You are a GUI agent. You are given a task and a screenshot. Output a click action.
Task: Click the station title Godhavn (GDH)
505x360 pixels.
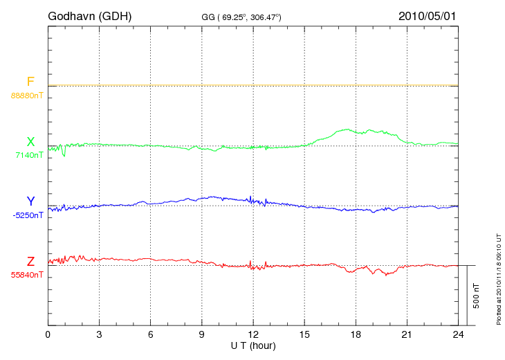click(x=89, y=15)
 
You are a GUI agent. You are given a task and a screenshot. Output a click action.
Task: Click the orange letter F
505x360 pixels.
click(x=30, y=82)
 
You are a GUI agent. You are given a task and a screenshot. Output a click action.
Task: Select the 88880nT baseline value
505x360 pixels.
click(x=26, y=96)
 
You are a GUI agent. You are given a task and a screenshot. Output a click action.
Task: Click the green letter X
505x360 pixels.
click(x=30, y=142)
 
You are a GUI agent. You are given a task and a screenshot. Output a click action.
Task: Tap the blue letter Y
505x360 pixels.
click(x=30, y=201)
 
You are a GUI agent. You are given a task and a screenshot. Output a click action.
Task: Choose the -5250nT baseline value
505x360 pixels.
click(x=27, y=215)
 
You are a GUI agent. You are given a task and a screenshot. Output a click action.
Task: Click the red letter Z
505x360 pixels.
click(x=30, y=261)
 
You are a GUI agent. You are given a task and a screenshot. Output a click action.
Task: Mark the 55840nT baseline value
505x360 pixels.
click(x=26, y=275)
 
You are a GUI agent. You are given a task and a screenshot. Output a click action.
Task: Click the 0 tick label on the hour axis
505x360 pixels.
click(x=48, y=334)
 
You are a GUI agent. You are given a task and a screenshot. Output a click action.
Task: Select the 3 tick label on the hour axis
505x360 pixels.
click(x=99, y=334)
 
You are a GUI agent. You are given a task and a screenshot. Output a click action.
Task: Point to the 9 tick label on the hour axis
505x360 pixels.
click(x=202, y=334)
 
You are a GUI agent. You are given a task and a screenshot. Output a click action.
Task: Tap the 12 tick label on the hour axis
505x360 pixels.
click(x=253, y=334)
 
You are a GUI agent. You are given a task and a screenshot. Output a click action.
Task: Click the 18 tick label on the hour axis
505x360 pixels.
click(x=356, y=334)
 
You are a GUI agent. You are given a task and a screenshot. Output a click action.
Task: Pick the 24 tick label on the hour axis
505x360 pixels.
click(x=458, y=334)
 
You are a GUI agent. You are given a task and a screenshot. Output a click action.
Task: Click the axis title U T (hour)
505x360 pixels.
click(x=253, y=345)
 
